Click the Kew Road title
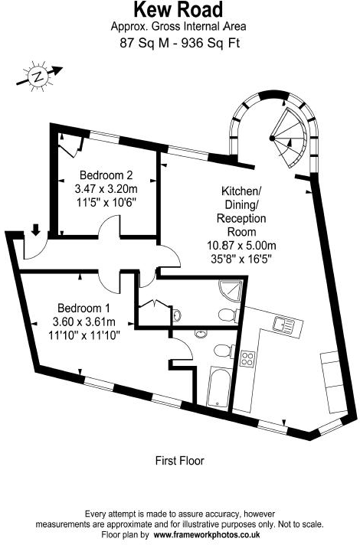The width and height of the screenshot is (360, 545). pyautogui.click(x=178, y=10)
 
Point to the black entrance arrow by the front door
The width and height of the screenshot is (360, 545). pyautogui.click(x=35, y=230)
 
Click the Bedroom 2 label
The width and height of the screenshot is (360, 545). pyautogui.click(x=106, y=175)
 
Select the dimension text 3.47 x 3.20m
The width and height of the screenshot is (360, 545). pyautogui.click(x=106, y=189)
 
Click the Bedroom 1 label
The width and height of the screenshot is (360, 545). pyautogui.click(x=83, y=308)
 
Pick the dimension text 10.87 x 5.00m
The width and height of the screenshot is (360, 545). pyautogui.click(x=242, y=246)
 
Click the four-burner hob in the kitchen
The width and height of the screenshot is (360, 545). pyautogui.click(x=247, y=359)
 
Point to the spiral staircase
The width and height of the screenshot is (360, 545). pyautogui.click(x=290, y=138)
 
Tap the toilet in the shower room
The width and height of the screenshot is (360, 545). pyautogui.click(x=228, y=315)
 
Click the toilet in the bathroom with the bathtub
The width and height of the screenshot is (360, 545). pyautogui.click(x=224, y=351)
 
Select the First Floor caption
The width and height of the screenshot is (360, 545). pyautogui.click(x=179, y=461)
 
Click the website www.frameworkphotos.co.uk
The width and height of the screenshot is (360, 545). pyautogui.click(x=207, y=534)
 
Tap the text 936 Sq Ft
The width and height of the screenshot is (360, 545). pyautogui.click(x=213, y=44)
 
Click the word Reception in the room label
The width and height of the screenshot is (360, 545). pyautogui.click(x=241, y=218)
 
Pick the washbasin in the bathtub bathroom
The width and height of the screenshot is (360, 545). pyautogui.click(x=201, y=334)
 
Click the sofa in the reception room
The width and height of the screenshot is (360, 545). pyautogui.click(x=333, y=381)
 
